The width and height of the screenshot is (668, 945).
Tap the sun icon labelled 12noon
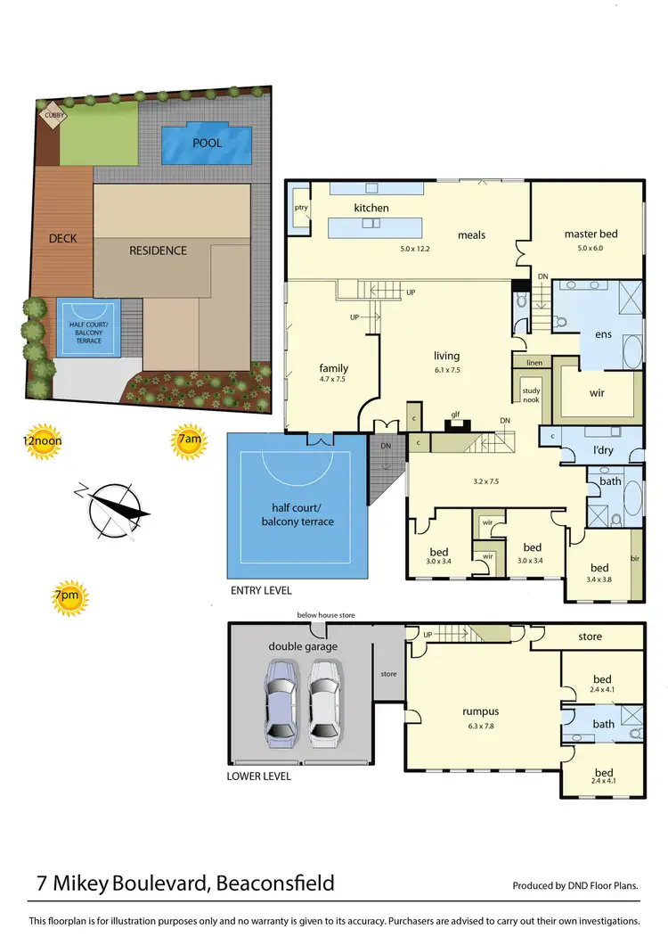(43, 443)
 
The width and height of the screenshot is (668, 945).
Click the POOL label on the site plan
(207, 143)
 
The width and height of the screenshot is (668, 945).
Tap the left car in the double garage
(281, 703)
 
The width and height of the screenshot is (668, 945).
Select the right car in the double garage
(326, 703)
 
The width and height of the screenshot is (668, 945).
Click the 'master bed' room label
(590, 234)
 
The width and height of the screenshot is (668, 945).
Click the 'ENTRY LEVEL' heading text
(260, 591)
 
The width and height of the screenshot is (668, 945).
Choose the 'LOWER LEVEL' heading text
(260, 777)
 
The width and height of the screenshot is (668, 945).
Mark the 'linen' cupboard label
(534, 363)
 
